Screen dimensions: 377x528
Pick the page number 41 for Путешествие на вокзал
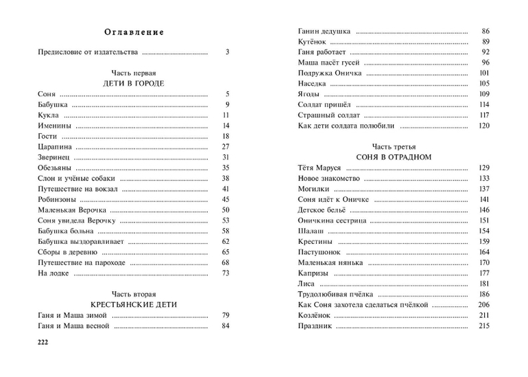pyautogui.click(x=225, y=189)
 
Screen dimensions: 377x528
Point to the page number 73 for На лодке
pyautogui.click(x=225, y=273)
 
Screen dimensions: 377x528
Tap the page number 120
pyautogui.click(x=483, y=126)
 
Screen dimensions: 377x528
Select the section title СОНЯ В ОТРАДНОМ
pyautogui.click(x=393, y=157)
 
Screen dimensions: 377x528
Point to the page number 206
pyautogui.click(x=483, y=304)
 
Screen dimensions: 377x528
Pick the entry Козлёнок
pyautogui.click(x=315, y=315)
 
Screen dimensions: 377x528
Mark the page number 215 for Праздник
pyautogui.click(x=483, y=325)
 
